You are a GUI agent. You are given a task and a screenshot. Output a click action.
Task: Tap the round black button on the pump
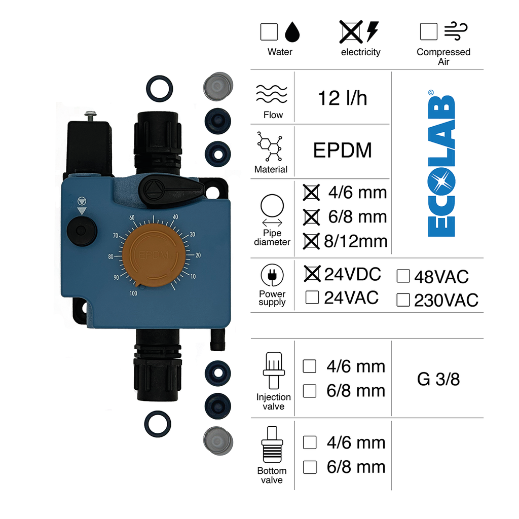point(80,231)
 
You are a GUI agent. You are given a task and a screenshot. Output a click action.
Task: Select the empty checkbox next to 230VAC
point(403,300)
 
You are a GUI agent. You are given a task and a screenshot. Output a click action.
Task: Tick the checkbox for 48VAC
point(403,276)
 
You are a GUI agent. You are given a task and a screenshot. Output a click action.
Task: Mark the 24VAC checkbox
point(313,298)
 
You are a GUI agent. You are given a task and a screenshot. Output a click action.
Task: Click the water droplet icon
point(292,32)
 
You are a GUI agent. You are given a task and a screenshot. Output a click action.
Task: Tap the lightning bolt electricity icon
point(373,31)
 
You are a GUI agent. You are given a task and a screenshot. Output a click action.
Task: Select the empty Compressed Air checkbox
point(428,31)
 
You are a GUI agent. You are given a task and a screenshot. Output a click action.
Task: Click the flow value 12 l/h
point(342,98)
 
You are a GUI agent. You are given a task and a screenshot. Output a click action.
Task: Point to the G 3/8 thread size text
point(438,379)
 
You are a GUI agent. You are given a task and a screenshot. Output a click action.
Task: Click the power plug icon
point(272,276)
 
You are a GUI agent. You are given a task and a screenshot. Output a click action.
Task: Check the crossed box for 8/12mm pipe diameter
point(312,241)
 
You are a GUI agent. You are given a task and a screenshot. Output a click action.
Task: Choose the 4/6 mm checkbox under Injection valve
point(310,366)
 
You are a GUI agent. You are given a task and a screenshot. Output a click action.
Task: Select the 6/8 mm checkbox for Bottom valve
point(310,467)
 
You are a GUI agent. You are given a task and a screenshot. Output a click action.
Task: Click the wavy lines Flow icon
point(272,95)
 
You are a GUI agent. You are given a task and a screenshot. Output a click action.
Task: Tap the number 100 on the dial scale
point(133,293)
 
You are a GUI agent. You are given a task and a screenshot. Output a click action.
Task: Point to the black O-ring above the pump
point(159,87)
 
